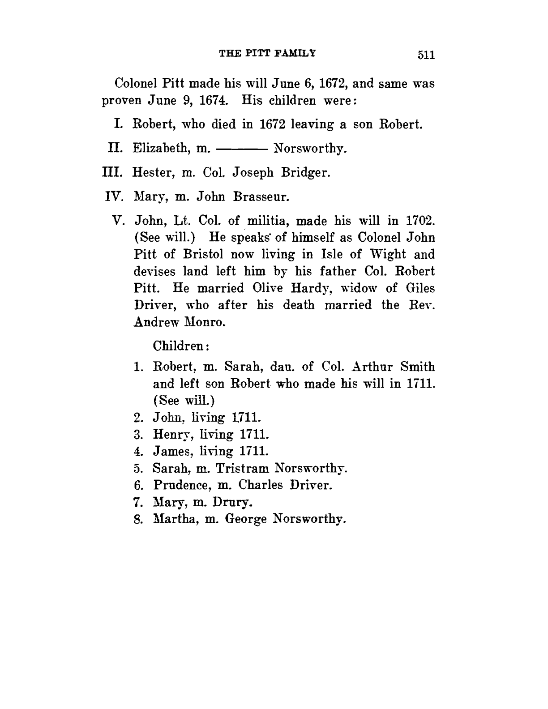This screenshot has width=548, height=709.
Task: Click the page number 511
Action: coord(426,55)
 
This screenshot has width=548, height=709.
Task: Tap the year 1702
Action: coord(420,221)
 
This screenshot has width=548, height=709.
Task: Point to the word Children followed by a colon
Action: coord(180,346)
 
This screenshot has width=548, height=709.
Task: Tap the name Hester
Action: coord(154,172)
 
